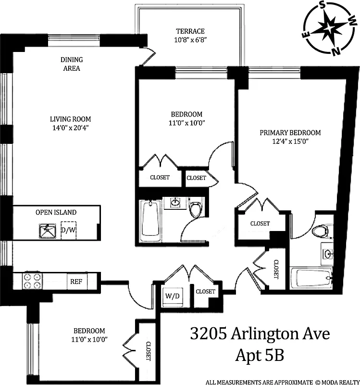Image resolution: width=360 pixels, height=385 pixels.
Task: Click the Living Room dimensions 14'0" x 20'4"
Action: click(71, 128)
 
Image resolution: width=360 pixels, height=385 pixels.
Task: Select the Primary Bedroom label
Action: click(290, 133)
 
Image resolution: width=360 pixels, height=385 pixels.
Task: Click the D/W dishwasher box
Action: click(68, 230)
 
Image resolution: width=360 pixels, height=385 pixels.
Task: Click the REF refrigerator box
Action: click(76, 282)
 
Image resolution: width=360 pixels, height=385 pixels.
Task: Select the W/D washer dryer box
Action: click(172, 295)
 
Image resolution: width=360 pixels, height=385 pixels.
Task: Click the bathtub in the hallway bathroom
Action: click(150, 221)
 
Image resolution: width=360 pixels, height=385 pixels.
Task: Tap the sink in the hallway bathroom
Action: click(174, 204)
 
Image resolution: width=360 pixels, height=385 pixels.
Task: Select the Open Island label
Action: click(56, 212)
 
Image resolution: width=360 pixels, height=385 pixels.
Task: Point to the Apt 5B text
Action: click(260, 356)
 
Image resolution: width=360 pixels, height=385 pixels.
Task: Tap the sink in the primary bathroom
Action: click(327, 253)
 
